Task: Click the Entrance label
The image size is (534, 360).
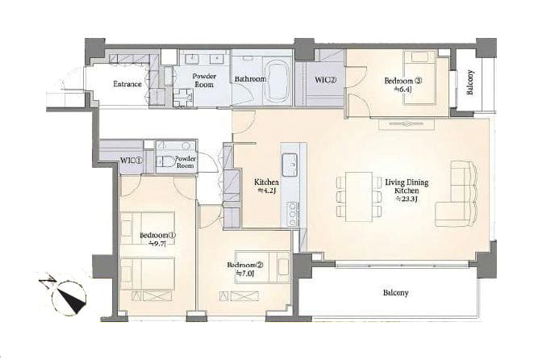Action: (127, 84)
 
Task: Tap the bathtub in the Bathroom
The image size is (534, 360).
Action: (277, 82)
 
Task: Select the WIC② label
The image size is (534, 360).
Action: (325, 80)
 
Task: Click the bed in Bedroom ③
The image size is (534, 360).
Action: (420, 77)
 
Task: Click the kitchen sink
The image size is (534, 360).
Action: (290, 165)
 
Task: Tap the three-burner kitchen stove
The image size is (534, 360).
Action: (293, 215)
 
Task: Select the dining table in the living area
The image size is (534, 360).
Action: (359, 197)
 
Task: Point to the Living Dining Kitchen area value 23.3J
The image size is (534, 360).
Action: (407, 199)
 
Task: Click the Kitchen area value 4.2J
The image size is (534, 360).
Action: (266, 191)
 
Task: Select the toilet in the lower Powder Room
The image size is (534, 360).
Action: (164, 161)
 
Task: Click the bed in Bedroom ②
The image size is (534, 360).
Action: (263, 267)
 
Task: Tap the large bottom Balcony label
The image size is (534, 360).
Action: (395, 292)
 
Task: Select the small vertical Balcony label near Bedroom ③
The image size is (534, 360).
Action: (470, 82)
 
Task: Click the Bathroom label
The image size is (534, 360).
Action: (250, 79)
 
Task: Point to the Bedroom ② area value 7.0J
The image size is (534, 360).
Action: (245, 273)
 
